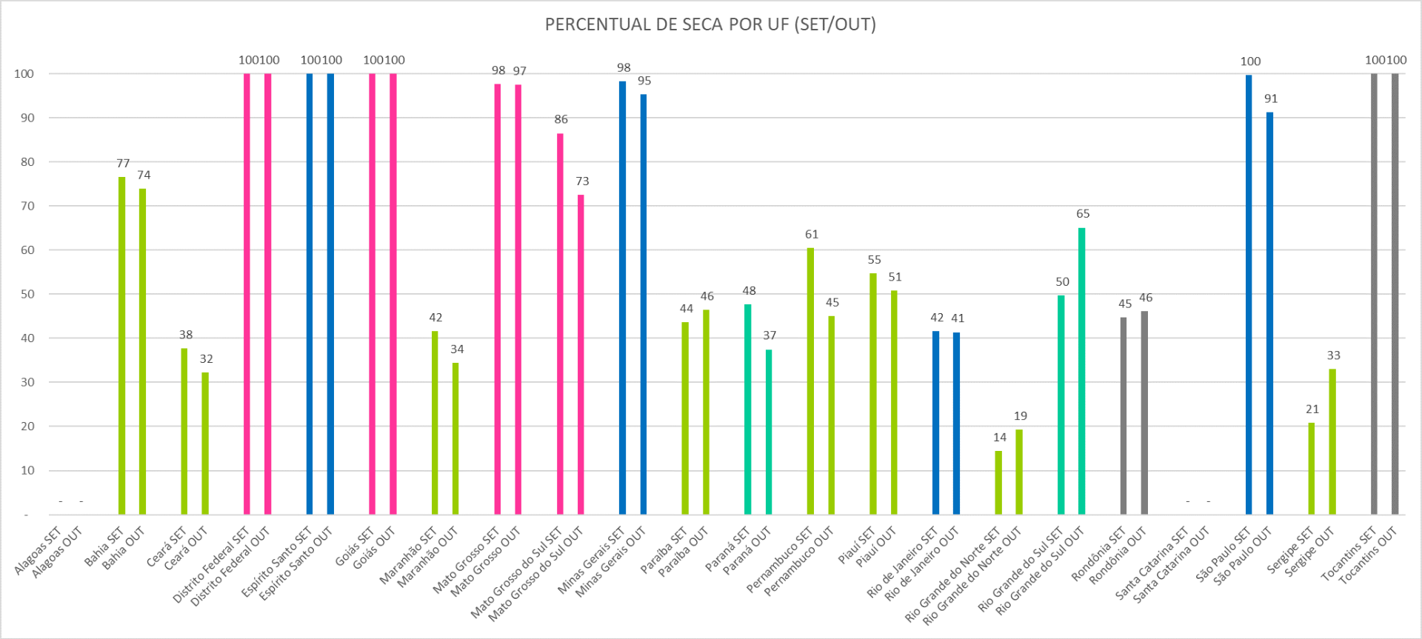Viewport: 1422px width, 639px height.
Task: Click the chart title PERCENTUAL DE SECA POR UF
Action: pos(710,24)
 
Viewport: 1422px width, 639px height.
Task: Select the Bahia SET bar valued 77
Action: pos(122,346)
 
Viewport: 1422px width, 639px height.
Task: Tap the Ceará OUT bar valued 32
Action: pos(205,443)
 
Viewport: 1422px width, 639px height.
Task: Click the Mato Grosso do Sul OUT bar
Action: pos(581,354)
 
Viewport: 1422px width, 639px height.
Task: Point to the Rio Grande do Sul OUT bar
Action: pos(1081,370)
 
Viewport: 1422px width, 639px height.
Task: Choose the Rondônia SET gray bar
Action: pos(1124,415)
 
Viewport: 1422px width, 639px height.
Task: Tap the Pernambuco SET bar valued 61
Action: pos(810,381)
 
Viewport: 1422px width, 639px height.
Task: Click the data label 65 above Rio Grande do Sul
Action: pos(1083,214)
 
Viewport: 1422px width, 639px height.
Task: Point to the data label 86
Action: pos(561,119)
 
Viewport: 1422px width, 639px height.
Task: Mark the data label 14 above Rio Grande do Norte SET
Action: pos(1000,438)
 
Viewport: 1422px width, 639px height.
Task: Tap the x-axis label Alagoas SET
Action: pos(38,552)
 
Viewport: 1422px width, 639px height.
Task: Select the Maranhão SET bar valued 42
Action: pos(435,422)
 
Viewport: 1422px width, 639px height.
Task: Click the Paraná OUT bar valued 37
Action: pos(769,432)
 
